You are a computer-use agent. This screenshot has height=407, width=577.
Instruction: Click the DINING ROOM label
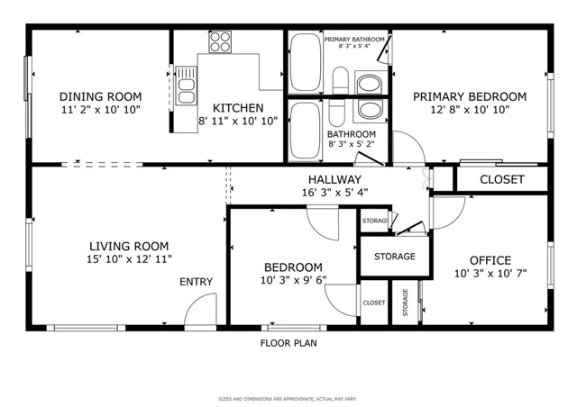(100, 96)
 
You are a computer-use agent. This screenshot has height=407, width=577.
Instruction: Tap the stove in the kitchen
(220, 41)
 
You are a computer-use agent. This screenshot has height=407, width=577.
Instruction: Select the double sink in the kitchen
(187, 86)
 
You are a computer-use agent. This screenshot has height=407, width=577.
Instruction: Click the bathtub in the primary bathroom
(304, 62)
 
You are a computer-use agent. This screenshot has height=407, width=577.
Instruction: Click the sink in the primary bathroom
(370, 84)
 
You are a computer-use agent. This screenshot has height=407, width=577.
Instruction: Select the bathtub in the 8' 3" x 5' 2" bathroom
(304, 131)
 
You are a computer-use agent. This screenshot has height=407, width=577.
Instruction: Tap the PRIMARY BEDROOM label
(469, 96)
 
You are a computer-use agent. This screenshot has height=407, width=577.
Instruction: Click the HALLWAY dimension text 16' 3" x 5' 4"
(334, 192)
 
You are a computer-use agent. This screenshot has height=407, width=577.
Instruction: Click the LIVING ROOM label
(128, 246)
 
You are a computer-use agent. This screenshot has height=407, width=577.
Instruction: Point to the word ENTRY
(196, 282)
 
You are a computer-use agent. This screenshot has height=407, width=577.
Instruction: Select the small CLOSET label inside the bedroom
(374, 303)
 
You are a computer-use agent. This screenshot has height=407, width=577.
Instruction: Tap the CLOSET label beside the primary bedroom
(501, 179)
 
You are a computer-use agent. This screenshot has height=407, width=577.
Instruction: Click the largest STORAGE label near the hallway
(396, 257)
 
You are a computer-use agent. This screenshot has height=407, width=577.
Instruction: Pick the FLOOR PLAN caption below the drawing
(288, 343)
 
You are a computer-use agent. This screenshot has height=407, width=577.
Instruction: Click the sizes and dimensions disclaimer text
(288, 399)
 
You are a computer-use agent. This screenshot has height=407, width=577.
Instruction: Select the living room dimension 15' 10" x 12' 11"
(128, 259)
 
